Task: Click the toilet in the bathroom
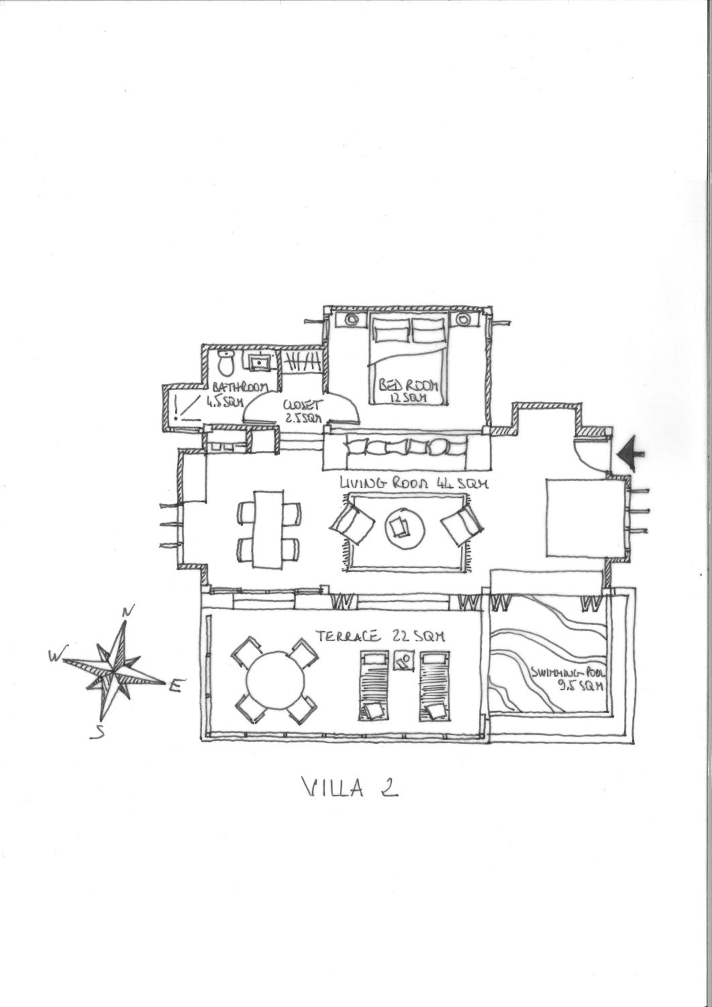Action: (x=226, y=363)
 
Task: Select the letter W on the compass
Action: (x=57, y=655)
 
